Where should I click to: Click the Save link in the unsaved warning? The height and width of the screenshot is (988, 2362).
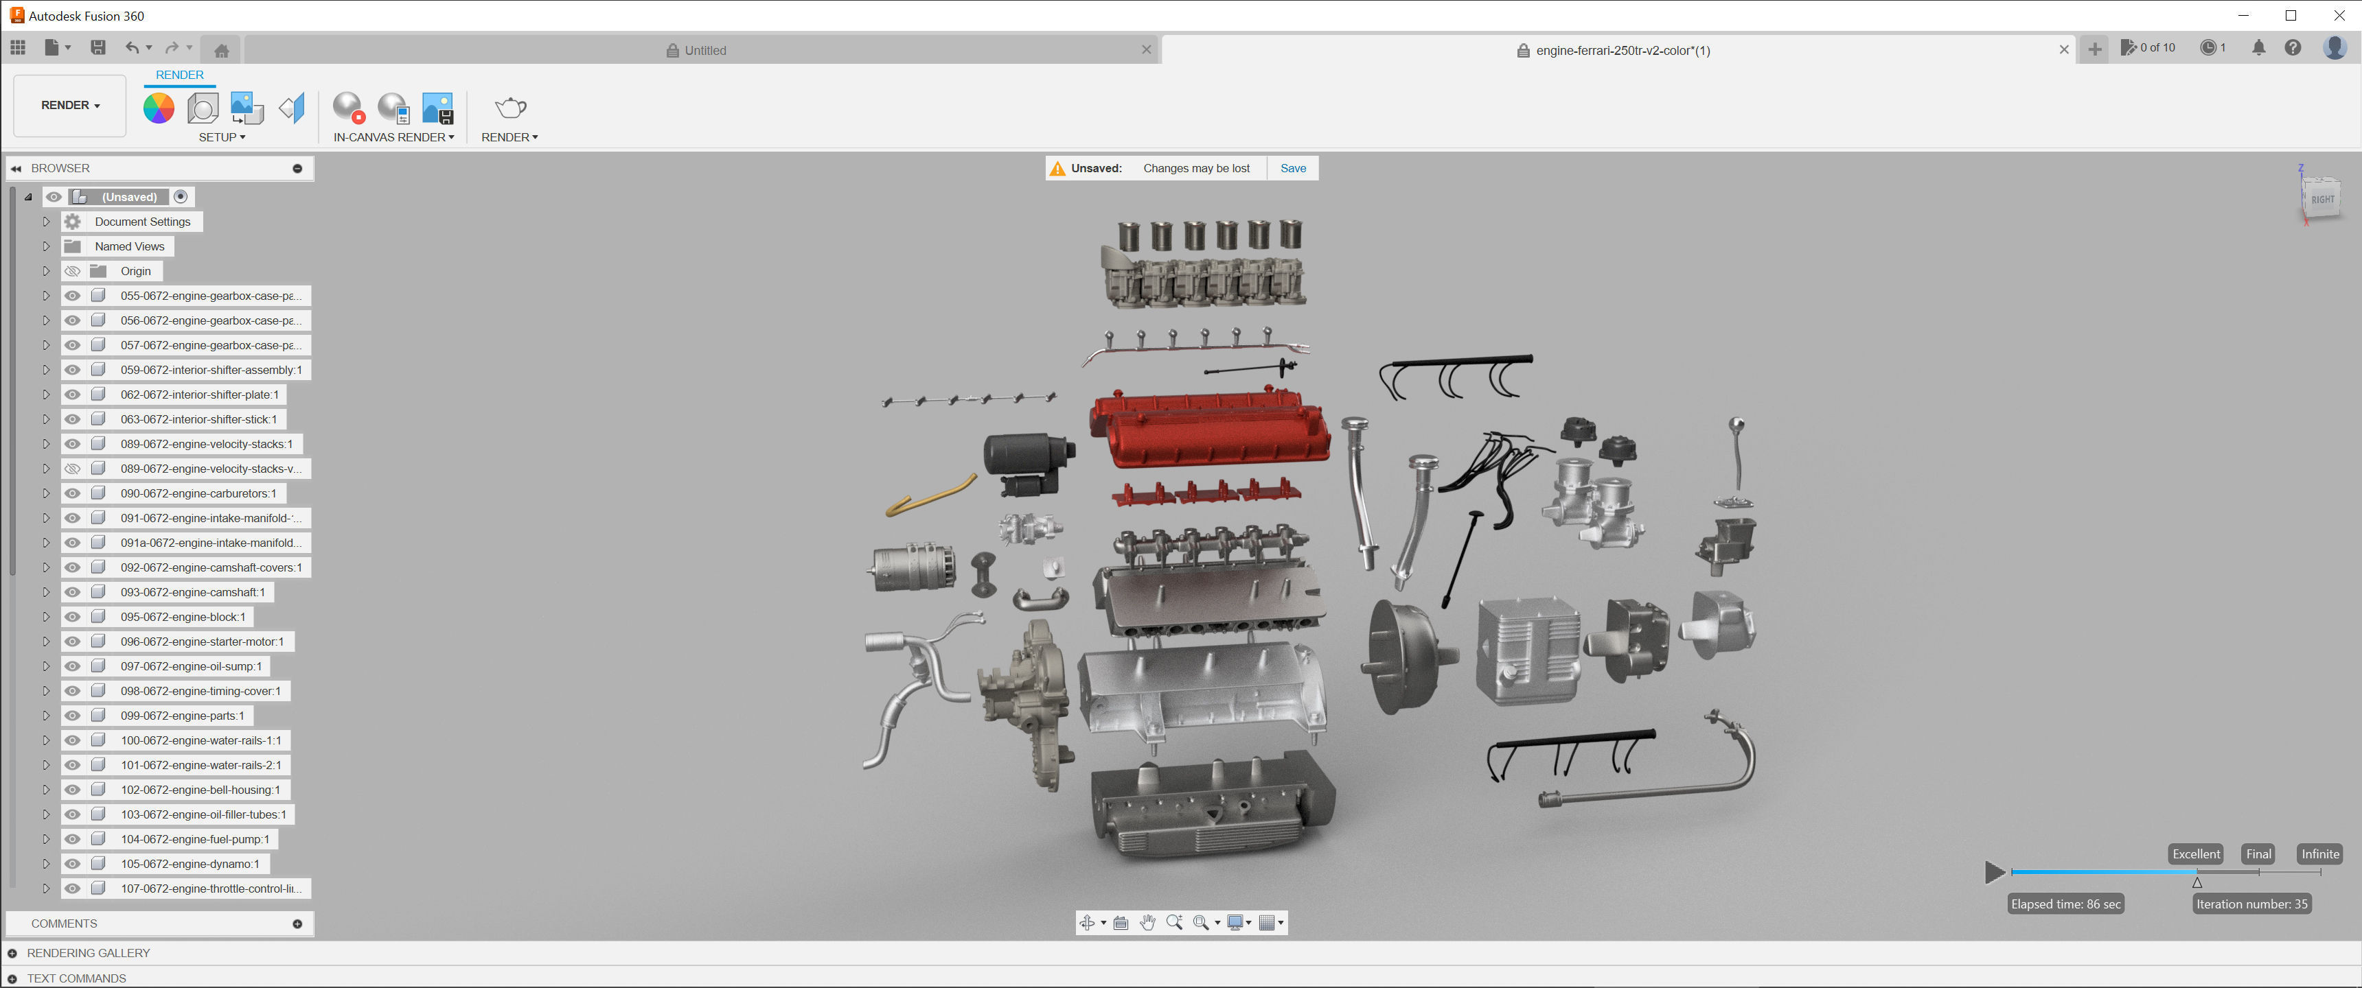click(x=1293, y=169)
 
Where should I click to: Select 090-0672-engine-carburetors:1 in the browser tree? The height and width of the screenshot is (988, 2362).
click(x=197, y=493)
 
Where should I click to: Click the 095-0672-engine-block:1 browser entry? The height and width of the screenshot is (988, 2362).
click(x=183, y=617)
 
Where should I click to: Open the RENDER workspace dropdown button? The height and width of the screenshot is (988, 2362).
click(x=69, y=106)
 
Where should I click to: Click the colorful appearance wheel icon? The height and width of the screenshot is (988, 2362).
click(x=159, y=108)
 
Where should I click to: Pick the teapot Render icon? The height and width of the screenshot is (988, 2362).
click(x=509, y=108)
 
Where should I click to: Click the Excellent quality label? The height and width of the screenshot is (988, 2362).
click(x=2195, y=854)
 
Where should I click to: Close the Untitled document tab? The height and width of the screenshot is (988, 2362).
click(x=1146, y=50)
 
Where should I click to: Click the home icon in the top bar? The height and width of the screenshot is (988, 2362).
click(x=222, y=50)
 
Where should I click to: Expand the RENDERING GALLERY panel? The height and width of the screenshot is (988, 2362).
click(x=13, y=953)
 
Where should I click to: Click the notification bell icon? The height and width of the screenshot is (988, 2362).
click(x=2258, y=47)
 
